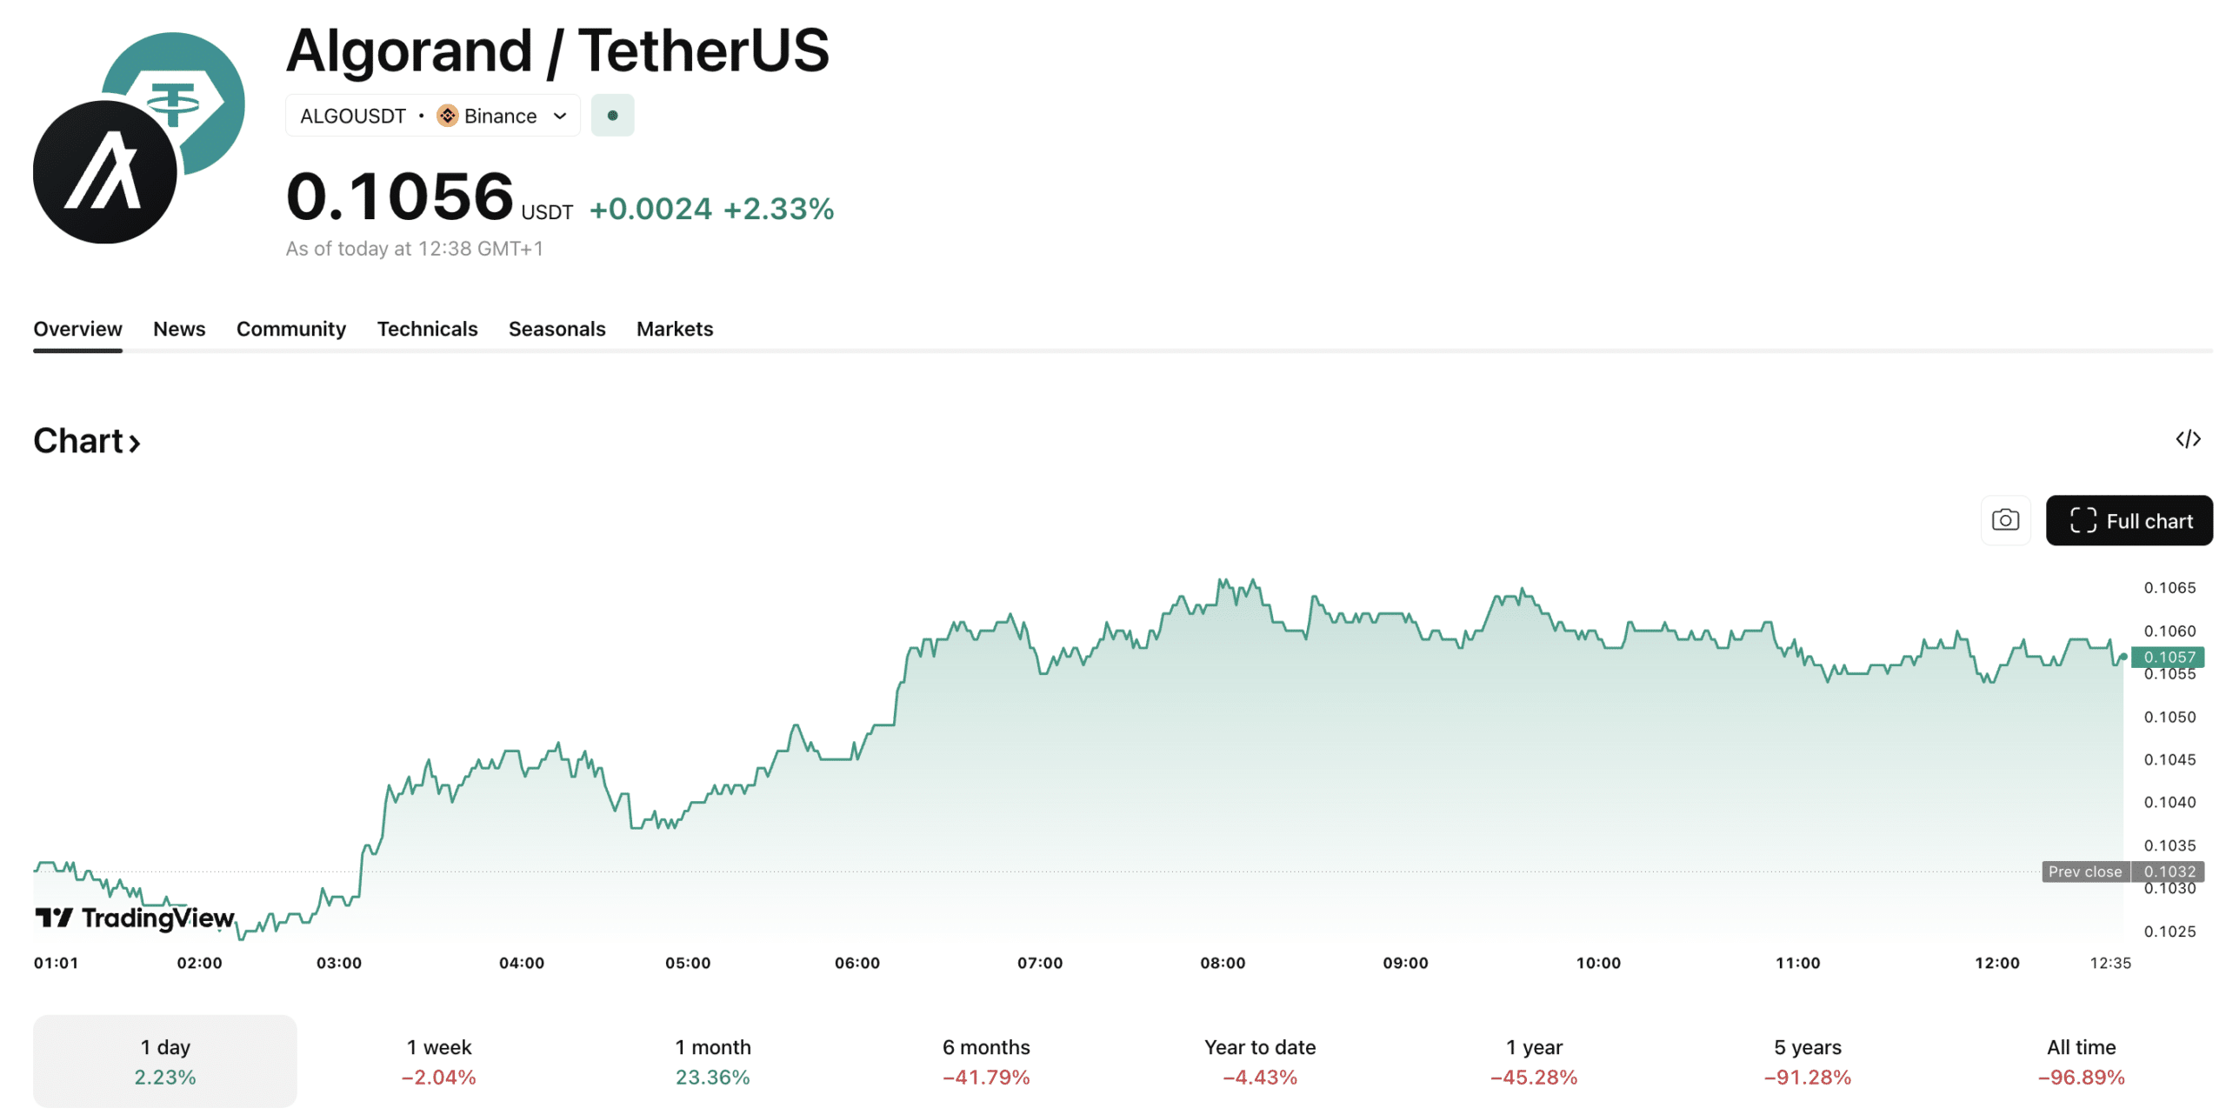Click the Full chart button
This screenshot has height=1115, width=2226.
2129,520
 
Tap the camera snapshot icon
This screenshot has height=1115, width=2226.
2005,520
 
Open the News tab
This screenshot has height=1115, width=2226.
179,329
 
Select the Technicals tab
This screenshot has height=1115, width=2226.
427,329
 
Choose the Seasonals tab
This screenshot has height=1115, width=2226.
556,329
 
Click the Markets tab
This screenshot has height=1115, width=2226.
675,329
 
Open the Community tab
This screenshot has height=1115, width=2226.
291,329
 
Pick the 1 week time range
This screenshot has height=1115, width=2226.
439,1061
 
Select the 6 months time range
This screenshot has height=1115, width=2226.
986,1061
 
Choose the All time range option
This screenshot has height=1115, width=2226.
2081,1061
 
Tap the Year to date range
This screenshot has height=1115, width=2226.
1260,1061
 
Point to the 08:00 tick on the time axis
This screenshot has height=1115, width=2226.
1223,963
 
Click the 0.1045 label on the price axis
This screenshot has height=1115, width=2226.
2169,759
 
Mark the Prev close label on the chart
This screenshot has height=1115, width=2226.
2085,871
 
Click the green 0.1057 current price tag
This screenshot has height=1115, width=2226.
2169,657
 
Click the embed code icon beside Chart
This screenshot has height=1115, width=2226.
2188,439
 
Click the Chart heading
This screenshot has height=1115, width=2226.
86,441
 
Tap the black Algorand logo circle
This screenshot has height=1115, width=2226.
104,172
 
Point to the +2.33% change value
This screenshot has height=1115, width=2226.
778,209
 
